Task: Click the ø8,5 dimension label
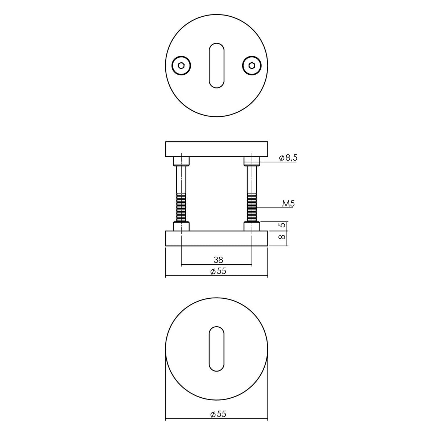coord(288,158)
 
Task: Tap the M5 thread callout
coord(289,204)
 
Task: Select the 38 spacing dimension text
coord(218,260)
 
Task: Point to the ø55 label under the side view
coord(218,271)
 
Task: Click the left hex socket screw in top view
coord(181,66)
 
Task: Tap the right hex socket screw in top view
coord(252,66)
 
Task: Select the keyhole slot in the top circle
coord(217,66)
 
